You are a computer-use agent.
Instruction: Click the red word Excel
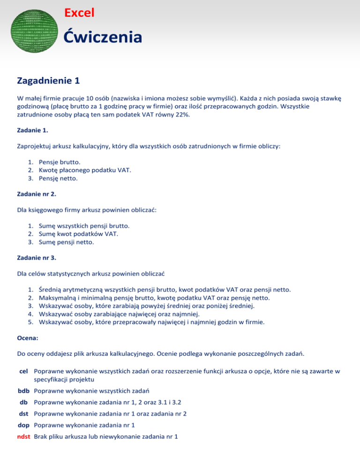tap(79, 13)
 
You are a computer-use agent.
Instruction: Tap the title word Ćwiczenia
tap(103, 37)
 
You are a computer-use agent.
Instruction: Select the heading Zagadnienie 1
tap(48, 81)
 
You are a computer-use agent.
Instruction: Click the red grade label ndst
tap(24, 438)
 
